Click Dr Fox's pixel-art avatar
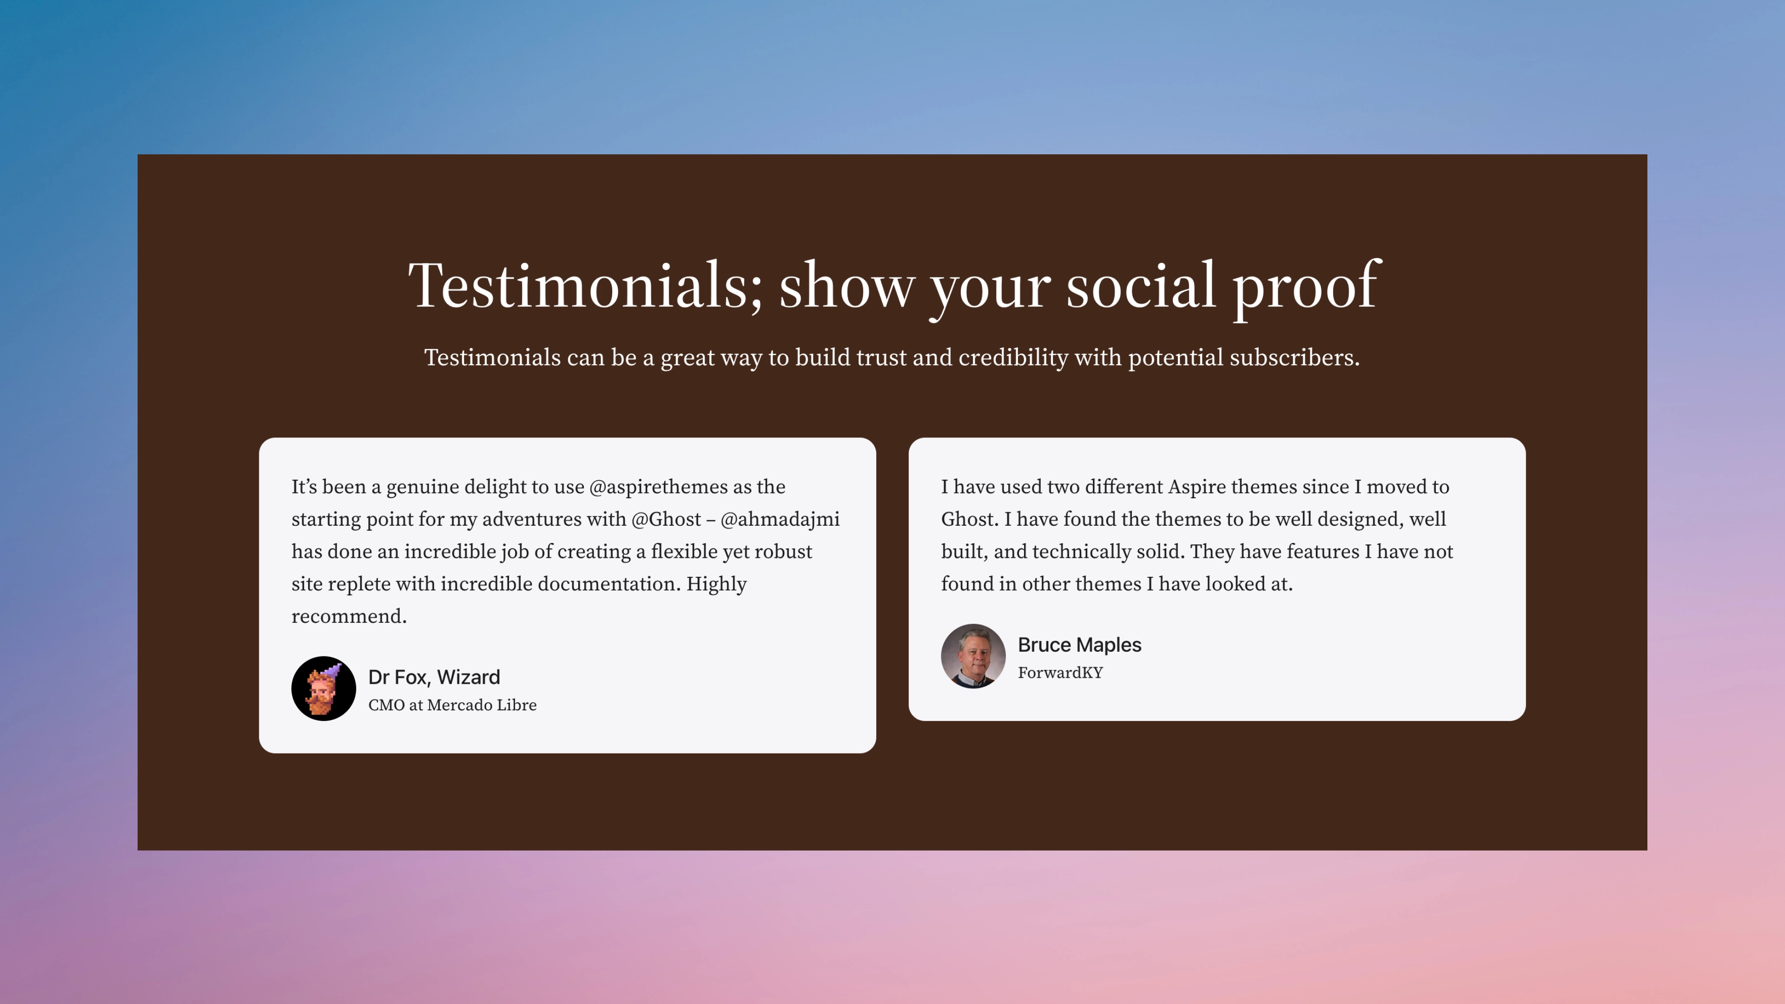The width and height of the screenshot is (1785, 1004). point(324,689)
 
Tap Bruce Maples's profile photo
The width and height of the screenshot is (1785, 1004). point(973,656)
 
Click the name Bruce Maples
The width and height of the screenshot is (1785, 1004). point(1079,645)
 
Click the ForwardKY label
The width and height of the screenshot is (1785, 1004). point(1060,673)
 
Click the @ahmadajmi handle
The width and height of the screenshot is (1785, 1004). point(780,520)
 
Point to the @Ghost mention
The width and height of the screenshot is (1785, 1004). point(666,520)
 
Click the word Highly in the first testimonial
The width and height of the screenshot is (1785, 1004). point(716,585)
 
